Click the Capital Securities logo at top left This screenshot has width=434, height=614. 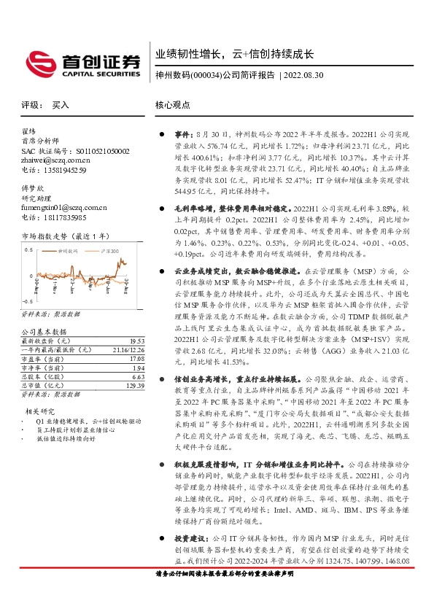82,61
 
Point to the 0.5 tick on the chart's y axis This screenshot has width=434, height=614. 30,250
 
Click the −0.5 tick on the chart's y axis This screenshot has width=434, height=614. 28,301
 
